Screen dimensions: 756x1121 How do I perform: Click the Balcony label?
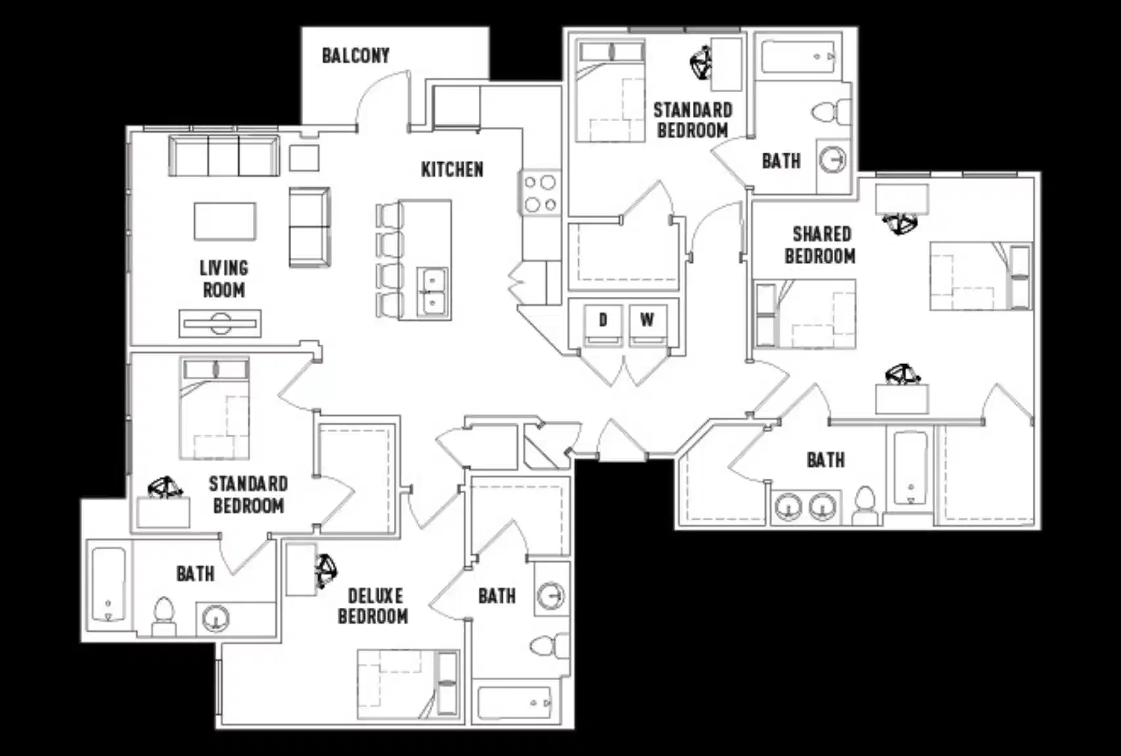point(356,55)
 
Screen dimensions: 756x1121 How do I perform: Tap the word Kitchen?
point(452,169)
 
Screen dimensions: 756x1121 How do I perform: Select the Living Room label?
point(223,279)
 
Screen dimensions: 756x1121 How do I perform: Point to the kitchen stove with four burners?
point(540,193)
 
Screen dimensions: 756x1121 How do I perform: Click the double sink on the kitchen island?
point(433,292)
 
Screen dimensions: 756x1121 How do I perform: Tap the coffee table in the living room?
point(225,221)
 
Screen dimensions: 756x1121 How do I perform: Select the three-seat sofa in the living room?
point(223,155)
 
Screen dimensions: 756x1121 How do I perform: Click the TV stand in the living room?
point(220,323)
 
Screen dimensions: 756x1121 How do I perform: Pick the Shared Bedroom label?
point(821,245)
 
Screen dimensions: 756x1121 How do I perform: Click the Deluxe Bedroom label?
point(373,606)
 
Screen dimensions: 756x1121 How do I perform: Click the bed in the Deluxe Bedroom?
point(407,684)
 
